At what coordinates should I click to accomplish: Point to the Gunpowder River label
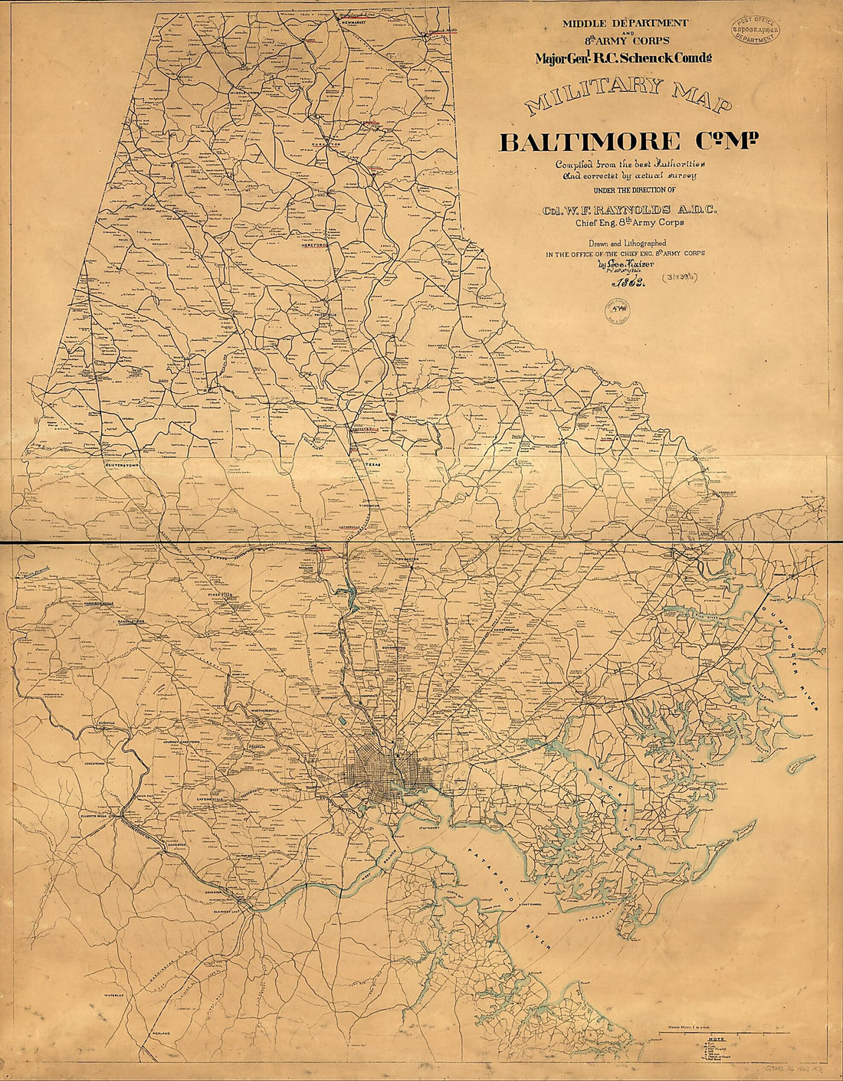click(789, 651)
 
